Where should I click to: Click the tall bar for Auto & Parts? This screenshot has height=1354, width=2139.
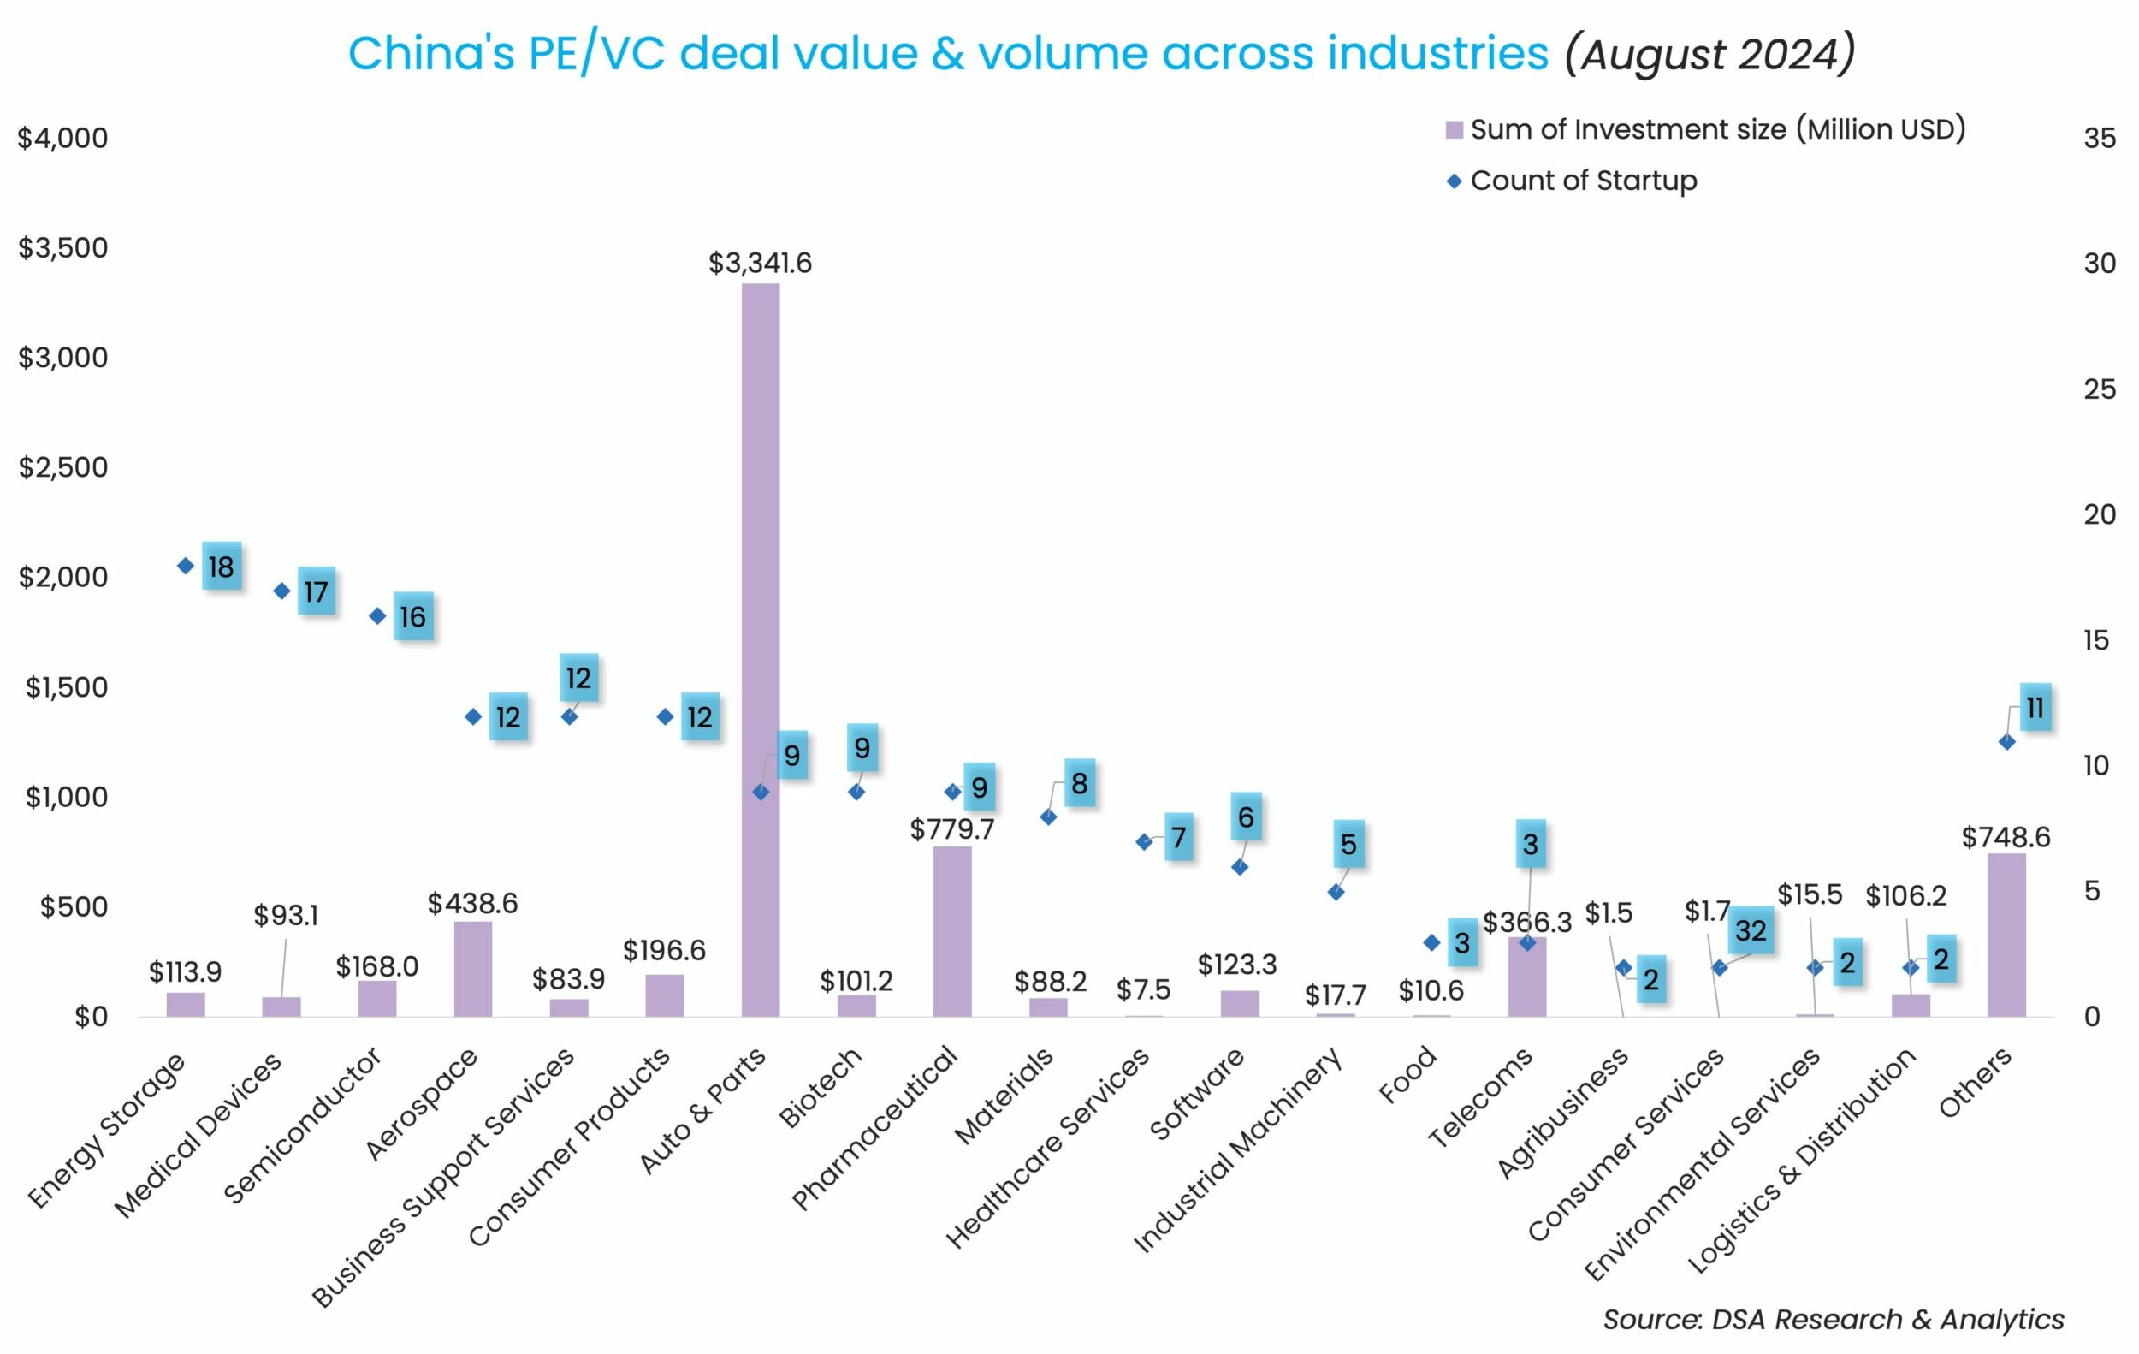[x=761, y=649]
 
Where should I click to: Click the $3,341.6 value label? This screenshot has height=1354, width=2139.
[x=760, y=263]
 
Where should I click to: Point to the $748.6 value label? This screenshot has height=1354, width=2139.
[x=2006, y=837]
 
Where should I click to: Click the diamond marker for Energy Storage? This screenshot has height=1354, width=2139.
[x=186, y=566]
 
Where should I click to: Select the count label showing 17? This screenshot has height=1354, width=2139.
[x=317, y=591]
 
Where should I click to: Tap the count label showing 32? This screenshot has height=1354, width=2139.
[x=1751, y=930]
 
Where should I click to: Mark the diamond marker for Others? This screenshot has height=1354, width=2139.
[x=2006, y=742]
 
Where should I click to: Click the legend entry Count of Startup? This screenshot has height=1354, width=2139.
[x=1583, y=181]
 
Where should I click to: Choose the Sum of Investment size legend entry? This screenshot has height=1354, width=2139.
[x=1716, y=130]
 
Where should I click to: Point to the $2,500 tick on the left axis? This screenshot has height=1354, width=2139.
[x=63, y=467]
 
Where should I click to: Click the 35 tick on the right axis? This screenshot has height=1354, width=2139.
[x=2099, y=138]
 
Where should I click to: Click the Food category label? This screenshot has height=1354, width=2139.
[x=1407, y=1075]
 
